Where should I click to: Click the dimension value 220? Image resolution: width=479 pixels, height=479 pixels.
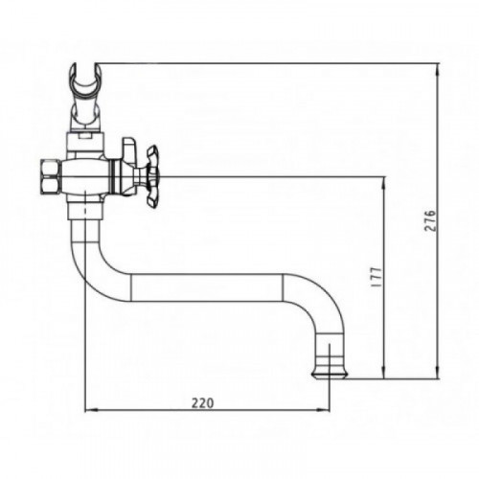tap(202, 403)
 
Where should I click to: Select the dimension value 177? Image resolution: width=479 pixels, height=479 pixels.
tap(376, 277)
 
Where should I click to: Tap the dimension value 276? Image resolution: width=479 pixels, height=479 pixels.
tap(430, 220)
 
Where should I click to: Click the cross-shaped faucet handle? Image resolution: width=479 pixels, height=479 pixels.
tap(152, 176)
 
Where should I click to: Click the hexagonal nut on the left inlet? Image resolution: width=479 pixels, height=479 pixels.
tap(51, 175)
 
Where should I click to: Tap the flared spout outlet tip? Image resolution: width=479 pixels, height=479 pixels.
tap(330, 375)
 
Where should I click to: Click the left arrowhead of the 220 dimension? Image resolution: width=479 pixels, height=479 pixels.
tap(90, 410)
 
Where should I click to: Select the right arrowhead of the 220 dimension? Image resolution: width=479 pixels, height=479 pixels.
tap(324, 410)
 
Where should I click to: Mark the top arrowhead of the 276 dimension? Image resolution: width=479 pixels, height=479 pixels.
tap(439, 69)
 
